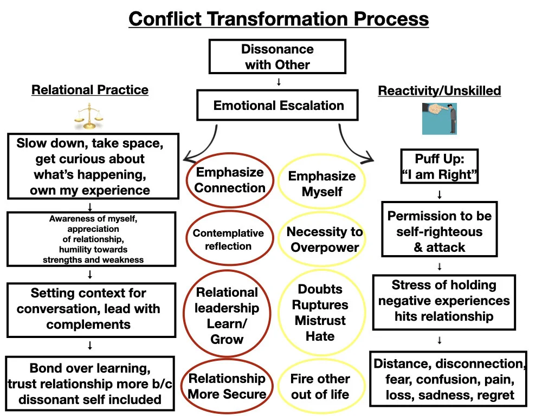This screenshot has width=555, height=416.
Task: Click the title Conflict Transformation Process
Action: coord(279,19)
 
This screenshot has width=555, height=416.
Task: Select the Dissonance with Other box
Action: coord(277,57)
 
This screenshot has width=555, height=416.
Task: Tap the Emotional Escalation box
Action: coord(277,105)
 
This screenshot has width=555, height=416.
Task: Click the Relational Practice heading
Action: coord(90,90)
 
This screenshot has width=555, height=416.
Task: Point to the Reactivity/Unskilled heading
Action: coord(439,91)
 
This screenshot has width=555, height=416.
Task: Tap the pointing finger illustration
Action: coord(439,119)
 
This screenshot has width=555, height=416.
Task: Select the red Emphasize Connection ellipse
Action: coord(230,180)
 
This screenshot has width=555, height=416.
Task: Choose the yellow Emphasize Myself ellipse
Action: coord(322,184)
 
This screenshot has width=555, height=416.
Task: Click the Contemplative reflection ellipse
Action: coord(229,239)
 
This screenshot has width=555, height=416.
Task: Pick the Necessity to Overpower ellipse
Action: coord(325,239)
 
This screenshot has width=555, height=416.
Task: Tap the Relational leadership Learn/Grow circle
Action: coord(227,315)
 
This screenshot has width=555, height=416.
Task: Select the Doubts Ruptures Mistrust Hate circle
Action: coord(320,313)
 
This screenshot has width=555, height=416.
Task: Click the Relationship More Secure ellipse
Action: coord(227,386)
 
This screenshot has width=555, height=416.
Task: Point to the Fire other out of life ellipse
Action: coord(320,386)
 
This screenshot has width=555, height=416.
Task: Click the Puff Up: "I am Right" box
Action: coord(439,167)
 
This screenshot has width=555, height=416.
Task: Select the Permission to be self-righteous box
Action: coord(439,231)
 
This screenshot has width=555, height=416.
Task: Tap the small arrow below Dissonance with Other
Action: coord(279,82)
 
